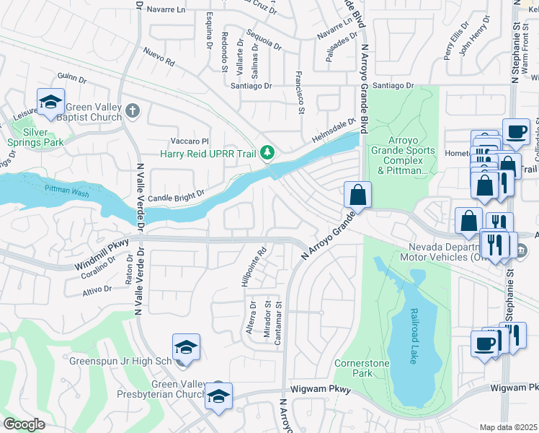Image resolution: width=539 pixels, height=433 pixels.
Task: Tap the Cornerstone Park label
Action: point(353,368)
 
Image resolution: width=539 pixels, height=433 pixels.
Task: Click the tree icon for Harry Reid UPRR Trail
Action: point(267,152)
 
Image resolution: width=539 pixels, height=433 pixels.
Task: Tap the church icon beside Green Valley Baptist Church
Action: point(131,110)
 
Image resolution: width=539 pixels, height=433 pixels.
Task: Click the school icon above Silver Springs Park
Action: point(50,102)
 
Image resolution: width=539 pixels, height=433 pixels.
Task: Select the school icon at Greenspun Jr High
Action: point(185,347)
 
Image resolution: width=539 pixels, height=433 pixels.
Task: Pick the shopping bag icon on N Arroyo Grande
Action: point(357,194)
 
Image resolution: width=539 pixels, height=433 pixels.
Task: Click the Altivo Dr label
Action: point(97,289)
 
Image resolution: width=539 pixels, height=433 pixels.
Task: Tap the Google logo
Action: point(24,424)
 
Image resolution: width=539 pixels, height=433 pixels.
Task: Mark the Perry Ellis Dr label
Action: point(455,45)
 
